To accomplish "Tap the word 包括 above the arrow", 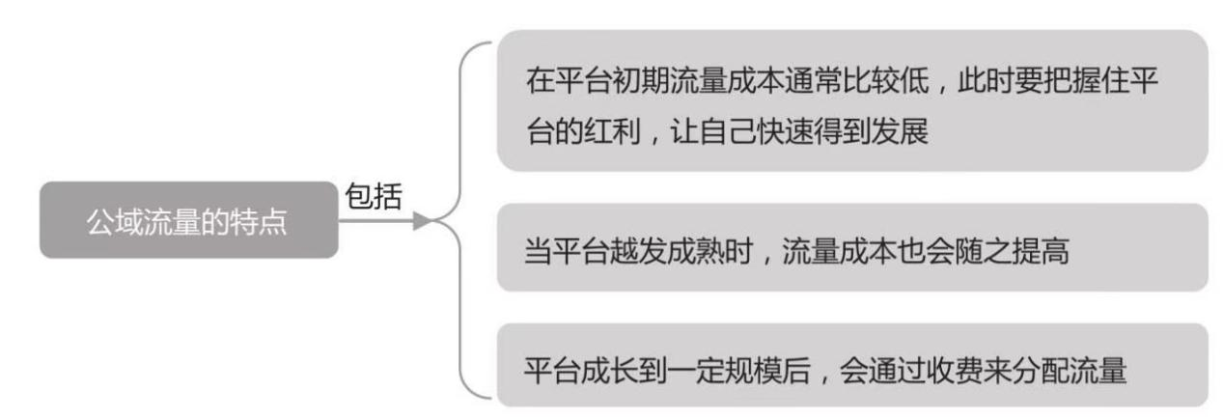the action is [x=373, y=194].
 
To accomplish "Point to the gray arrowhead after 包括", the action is [x=422, y=221].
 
